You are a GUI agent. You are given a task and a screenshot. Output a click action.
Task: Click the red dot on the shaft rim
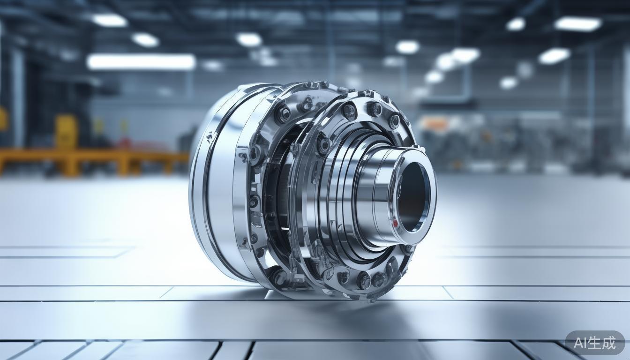tap(395, 223)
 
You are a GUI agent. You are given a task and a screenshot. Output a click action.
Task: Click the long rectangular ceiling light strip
tap(141, 62)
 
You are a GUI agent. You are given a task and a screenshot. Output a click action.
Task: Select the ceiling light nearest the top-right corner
tap(578, 23)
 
